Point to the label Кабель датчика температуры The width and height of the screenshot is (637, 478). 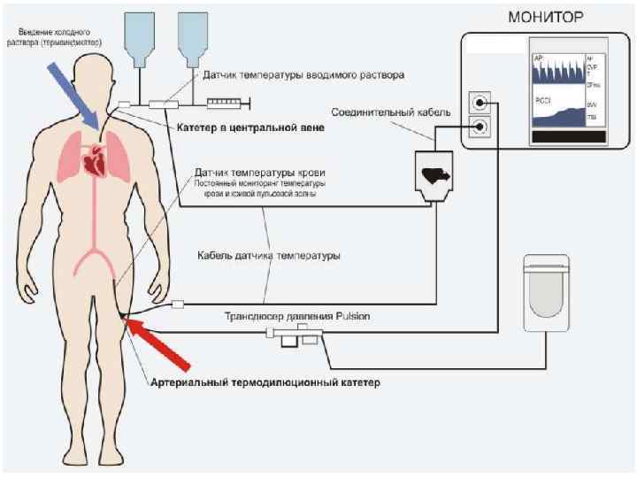[269, 256]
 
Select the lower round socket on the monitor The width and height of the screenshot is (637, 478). [479, 127]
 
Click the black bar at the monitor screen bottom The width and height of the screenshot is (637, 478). [568, 136]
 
